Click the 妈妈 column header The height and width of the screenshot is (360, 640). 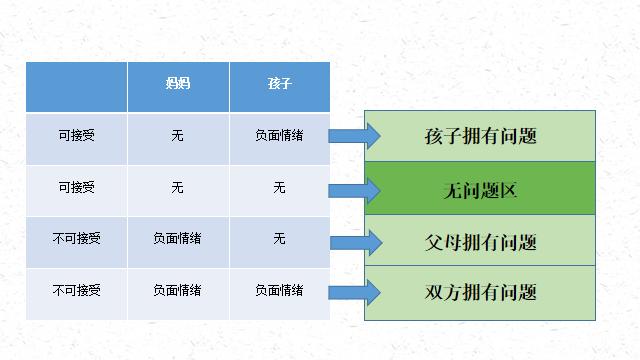click(x=177, y=84)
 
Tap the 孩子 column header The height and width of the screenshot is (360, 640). click(x=279, y=84)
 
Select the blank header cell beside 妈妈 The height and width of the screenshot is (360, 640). click(x=76, y=87)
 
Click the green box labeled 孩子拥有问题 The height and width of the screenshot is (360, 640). click(x=480, y=135)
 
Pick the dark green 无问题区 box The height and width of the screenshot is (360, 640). click(x=480, y=189)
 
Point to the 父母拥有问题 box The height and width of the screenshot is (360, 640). click(x=480, y=242)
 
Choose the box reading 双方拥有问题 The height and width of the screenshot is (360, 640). click(x=480, y=293)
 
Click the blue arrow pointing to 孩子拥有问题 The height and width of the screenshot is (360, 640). click(x=354, y=136)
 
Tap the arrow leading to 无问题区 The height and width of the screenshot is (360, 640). click(x=354, y=189)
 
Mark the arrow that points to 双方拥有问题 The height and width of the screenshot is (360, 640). click(x=354, y=292)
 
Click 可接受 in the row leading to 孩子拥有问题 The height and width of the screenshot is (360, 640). click(x=76, y=135)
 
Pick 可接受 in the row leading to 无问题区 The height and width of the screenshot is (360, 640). click(x=76, y=187)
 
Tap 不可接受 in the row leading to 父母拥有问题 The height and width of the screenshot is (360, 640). click(x=76, y=239)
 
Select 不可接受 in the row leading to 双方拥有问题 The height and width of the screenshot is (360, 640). click(x=76, y=290)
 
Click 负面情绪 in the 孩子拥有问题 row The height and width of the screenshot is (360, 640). click(x=279, y=135)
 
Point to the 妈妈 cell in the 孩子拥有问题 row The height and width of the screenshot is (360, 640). click(x=177, y=135)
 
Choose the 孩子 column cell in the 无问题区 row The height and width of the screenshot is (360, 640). click(x=279, y=187)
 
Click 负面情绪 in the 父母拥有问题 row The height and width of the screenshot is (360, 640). click(x=177, y=239)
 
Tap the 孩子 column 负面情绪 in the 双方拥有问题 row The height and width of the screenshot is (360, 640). click(x=279, y=290)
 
